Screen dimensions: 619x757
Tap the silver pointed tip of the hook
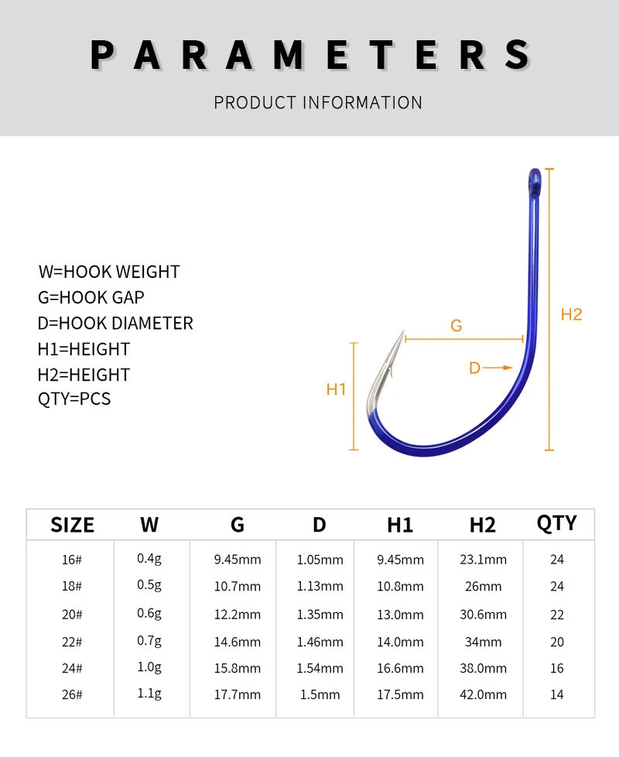point(403,332)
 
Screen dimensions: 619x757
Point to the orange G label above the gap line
point(456,325)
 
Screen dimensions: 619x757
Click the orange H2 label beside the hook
point(571,315)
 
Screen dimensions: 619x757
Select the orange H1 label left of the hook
point(336,389)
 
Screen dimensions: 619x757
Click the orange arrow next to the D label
point(498,368)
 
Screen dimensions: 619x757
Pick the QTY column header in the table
point(557,522)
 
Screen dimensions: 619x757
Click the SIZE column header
point(73,525)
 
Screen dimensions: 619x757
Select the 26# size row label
point(72,695)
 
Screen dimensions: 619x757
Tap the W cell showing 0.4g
point(149,559)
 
